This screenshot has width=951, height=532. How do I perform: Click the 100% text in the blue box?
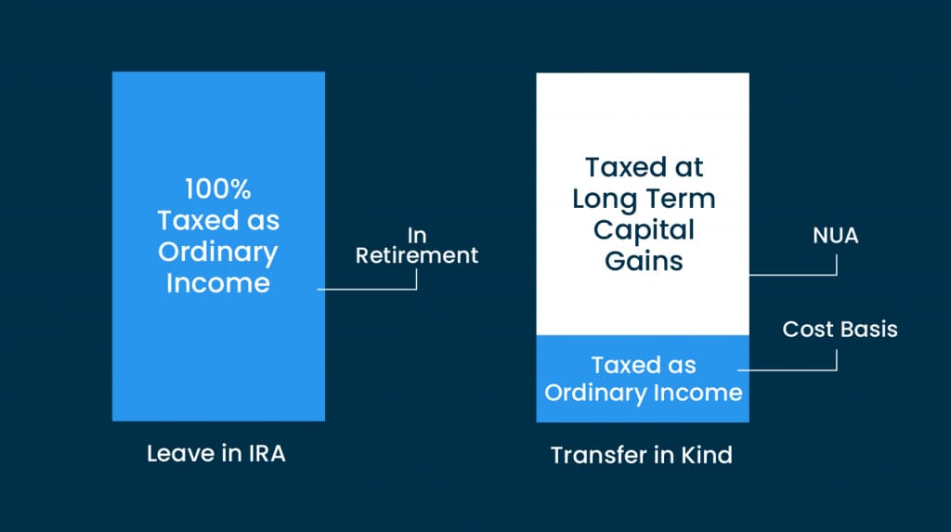(x=217, y=189)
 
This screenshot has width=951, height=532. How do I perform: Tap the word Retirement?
(x=417, y=255)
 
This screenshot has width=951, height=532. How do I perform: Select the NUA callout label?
(x=835, y=236)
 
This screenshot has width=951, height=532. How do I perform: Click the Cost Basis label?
(x=840, y=329)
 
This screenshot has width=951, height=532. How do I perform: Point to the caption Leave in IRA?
(x=215, y=454)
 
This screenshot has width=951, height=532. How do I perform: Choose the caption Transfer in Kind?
(x=641, y=455)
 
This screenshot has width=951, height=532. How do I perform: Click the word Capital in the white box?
(x=644, y=231)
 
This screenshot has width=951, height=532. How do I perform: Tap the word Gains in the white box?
(x=644, y=262)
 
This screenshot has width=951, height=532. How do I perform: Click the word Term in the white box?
(x=681, y=199)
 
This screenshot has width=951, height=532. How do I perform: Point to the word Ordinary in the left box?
(x=217, y=253)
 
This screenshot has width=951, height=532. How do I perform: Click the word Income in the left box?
(x=217, y=283)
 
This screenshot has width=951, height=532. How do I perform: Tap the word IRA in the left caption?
(x=267, y=454)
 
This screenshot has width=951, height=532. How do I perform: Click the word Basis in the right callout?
(x=868, y=329)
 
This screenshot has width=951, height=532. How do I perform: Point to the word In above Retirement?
(x=417, y=236)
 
